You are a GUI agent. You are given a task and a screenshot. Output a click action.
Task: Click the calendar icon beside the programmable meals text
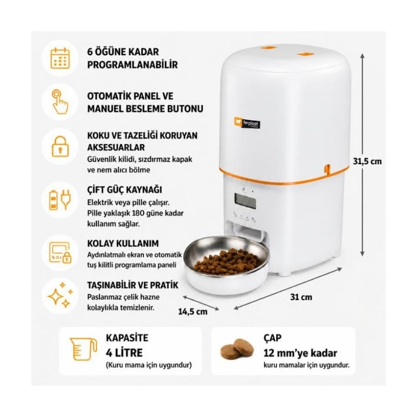[x=60, y=58]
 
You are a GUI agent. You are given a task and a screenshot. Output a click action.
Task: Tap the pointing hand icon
[x=60, y=102]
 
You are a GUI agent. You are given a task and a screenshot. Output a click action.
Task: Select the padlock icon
[x=60, y=146]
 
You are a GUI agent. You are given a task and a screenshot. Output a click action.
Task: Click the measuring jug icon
[x=83, y=349]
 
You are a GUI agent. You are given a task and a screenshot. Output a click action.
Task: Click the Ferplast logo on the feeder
[x=247, y=123]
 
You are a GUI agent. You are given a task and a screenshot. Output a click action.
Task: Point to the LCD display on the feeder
[x=245, y=201]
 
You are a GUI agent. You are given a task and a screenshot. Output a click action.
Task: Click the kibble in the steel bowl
[x=226, y=262]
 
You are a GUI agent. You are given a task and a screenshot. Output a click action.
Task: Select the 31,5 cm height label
[x=367, y=161]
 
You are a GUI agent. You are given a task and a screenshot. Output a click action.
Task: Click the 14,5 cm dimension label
[x=193, y=311]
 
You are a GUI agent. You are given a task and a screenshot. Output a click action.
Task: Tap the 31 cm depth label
[x=301, y=297]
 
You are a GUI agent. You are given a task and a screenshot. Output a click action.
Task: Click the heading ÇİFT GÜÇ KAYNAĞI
[x=125, y=190]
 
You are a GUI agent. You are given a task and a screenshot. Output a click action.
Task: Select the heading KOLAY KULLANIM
[x=123, y=243]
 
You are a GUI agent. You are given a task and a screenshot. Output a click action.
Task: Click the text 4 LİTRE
[x=124, y=353]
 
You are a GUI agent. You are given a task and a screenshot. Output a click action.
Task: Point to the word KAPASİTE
[x=127, y=338]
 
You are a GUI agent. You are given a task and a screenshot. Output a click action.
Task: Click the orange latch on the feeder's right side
[x=327, y=169]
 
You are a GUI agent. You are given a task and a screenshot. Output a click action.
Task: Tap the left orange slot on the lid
[x=268, y=48]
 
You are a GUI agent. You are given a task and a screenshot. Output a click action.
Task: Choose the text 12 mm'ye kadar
[x=300, y=353]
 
